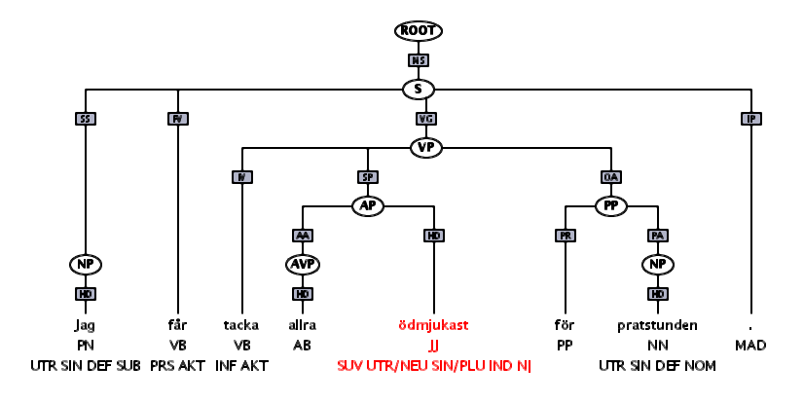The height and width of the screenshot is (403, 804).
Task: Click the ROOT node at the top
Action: point(419,31)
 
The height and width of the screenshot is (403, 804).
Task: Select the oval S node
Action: point(419,90)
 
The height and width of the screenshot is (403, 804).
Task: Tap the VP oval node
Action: point(425,148)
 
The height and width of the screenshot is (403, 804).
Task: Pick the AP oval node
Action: point(368,206)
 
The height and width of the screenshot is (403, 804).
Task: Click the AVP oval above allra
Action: point(303,265)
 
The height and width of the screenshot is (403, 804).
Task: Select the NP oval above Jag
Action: point(86,265)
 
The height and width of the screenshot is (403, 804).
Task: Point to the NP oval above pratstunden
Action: point(658,265)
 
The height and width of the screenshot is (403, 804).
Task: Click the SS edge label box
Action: point(86,119)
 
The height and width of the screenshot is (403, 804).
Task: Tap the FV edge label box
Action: point(178,119)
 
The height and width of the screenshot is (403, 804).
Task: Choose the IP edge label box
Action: point(750,119)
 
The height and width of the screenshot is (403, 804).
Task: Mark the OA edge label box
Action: point(611,177)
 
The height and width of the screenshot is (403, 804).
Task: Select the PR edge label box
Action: point(565,236)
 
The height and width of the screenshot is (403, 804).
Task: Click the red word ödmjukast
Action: point(433,325)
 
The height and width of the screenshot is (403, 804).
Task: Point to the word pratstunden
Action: point(658,325)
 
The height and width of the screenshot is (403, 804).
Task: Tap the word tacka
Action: point(240,325)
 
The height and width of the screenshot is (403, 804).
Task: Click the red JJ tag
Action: point(433,346)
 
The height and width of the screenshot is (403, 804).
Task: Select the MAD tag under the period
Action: point(750,346)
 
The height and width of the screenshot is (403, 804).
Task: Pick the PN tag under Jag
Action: point(86,346)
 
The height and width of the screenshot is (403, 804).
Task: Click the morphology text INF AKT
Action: point(240,366)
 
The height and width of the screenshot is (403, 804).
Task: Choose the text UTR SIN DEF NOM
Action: point(658,366)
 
